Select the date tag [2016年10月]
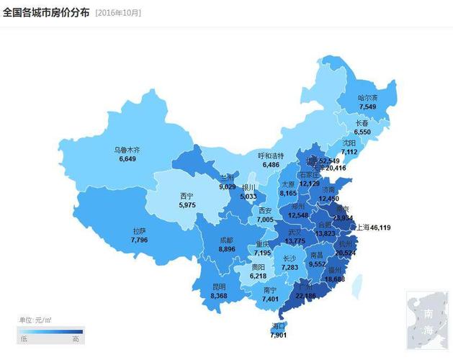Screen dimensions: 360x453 [x=118, y=13]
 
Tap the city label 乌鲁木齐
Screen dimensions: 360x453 [x=127, y=150]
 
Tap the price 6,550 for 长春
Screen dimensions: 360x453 [x=362, y=132]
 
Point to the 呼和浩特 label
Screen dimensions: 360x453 [x=271, y=156]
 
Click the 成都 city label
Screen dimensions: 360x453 [x=226, y=240]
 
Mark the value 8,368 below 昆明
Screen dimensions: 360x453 [x=220, y=295]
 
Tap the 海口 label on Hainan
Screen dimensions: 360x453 [x=278, y=326]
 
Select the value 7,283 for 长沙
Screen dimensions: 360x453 [x=289, y=267]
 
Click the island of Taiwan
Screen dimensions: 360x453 [x=356, y=286]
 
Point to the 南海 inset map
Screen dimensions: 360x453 [x=428, y=319]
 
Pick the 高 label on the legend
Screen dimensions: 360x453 [x=76, y=338]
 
